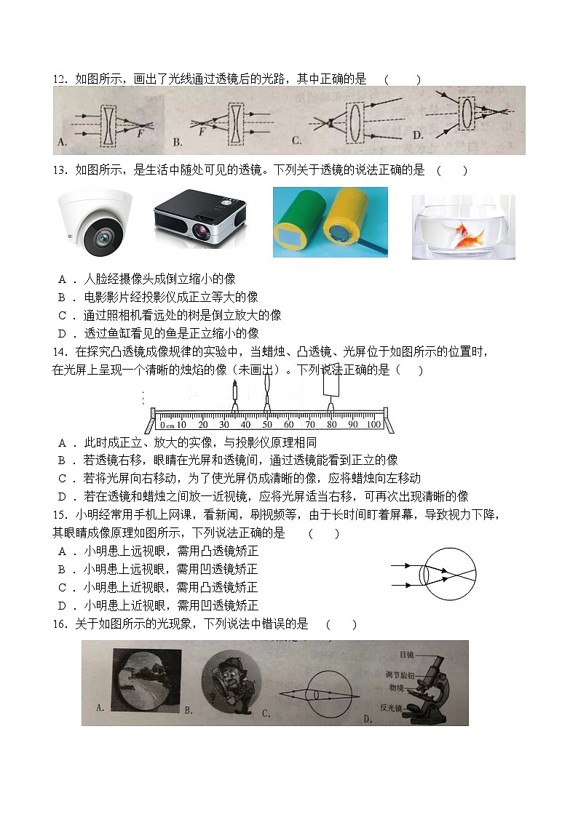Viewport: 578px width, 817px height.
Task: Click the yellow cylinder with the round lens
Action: pos(340,222)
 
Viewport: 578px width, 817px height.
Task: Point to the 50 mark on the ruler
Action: pos(267,424)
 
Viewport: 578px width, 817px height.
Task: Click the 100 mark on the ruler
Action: pos(373,424)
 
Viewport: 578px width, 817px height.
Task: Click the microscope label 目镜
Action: pos(407,654)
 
